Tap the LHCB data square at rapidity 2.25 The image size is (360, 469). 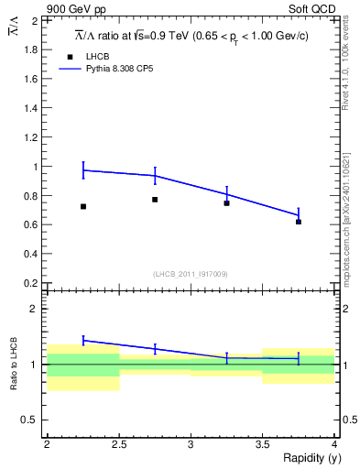(83, 207)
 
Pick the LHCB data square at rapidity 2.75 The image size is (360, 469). (155, 200)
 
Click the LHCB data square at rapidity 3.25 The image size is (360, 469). (226, 202)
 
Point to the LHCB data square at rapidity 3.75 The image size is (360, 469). (299, 222)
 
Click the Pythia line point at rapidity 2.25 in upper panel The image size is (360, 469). (83, 170)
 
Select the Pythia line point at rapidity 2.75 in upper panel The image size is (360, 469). (155, 175)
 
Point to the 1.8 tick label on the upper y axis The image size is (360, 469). (31, 49)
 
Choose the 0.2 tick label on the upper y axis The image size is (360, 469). (31, 283)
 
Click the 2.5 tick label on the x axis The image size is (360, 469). (119, 443)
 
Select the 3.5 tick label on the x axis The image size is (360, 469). (263, 443)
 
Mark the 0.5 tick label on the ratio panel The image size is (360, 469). (31, 420)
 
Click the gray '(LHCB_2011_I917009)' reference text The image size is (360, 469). (191, 274)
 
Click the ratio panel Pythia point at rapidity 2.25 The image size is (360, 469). (83, 340)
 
